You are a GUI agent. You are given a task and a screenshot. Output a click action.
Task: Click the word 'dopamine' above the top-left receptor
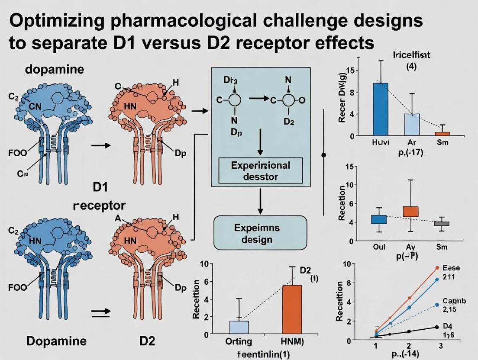(x=55, y=69)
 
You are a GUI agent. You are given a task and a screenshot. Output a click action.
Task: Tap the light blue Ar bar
(x=412, y=125)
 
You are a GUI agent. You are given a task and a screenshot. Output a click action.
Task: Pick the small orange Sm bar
(x=442, y=134)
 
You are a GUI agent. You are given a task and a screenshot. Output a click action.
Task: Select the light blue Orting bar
(x=239, y=328)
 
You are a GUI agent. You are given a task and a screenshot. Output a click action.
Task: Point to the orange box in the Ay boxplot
(x=410, y=212)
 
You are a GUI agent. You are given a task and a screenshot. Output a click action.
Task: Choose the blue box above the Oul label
(x=379, y=219)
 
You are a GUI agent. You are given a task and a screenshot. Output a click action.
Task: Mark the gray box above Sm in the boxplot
(x=442, y=224)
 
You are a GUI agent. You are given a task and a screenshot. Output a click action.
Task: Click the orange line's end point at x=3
(x=437, y=268)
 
